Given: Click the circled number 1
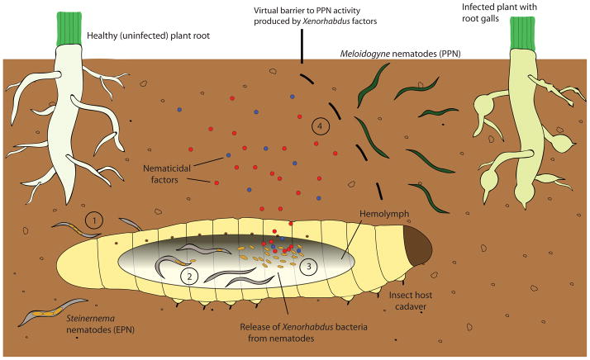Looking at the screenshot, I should (x=96, y=220).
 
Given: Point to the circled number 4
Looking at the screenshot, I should (x=321, y=126).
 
